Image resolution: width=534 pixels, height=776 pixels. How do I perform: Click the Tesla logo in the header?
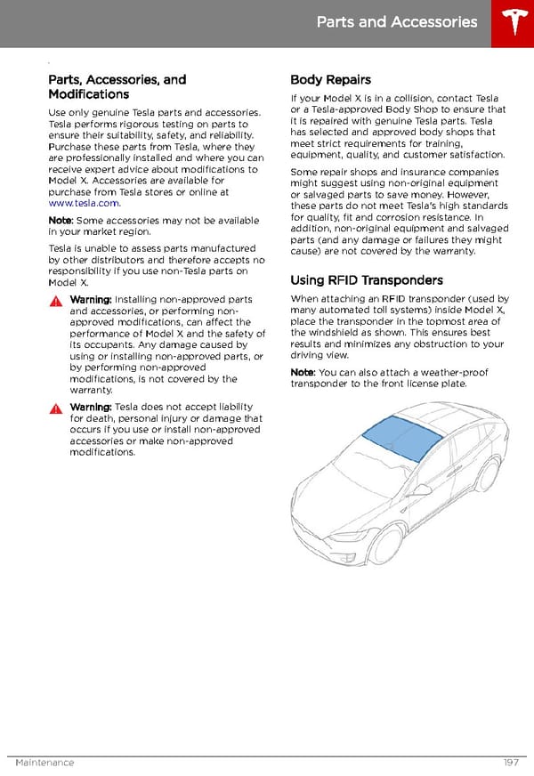coord(512,23)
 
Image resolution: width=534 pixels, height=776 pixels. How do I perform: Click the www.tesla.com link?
coord(84,203)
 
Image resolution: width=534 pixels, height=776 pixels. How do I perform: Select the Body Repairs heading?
coord(330,79)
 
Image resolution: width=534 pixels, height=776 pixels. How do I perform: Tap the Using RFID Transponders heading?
coord(367,279)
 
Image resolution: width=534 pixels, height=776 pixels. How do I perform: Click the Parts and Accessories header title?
coord(397,22)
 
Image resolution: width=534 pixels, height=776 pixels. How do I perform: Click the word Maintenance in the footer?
coord(44,763)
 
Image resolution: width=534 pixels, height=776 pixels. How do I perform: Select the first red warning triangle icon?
coord(56,301)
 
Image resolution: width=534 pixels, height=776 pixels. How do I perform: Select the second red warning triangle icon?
coord(56,408)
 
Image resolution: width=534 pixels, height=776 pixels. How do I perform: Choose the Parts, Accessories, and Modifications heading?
coord(117,86)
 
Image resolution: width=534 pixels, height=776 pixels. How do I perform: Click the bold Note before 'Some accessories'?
coord(61,220)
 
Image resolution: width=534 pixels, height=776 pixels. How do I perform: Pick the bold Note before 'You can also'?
coord(302,372)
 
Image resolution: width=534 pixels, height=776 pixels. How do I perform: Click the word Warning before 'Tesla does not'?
coord(90,407)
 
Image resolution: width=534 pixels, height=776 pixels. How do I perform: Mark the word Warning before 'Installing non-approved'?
coord(90,300)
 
